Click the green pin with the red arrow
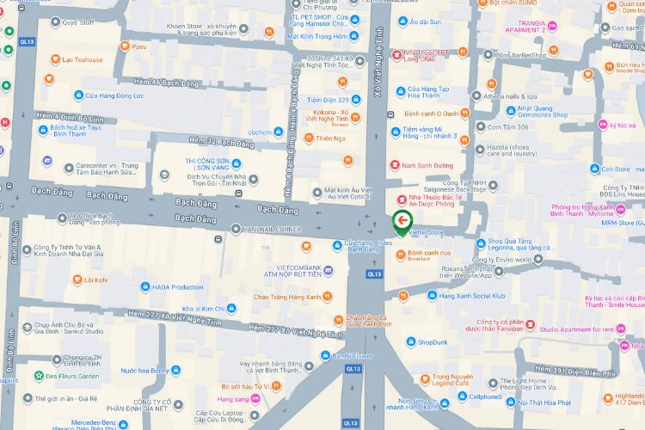point(402,222)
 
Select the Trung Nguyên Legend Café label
point(452,381)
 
